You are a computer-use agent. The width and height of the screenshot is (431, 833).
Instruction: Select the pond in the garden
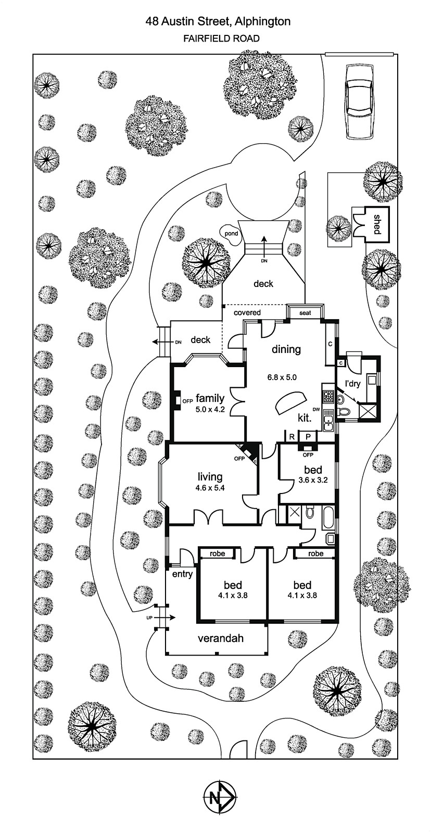(231, 233)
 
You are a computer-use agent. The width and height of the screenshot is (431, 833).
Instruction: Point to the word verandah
(221, 638)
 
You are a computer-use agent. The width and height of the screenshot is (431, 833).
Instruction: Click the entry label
(182, 574)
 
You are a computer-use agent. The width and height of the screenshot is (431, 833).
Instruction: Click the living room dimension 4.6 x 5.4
(210, 488)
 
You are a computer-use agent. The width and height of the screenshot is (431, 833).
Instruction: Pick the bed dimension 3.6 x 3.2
(313, 480)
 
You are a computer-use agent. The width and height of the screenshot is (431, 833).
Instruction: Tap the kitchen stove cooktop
(328, 396)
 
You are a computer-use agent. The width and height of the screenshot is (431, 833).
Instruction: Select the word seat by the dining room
(305, 313)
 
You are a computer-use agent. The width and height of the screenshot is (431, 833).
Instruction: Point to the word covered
(247, 312)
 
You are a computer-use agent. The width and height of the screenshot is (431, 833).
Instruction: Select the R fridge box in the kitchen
(292, 436)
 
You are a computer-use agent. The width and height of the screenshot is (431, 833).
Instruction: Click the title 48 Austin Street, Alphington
(218, 21)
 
